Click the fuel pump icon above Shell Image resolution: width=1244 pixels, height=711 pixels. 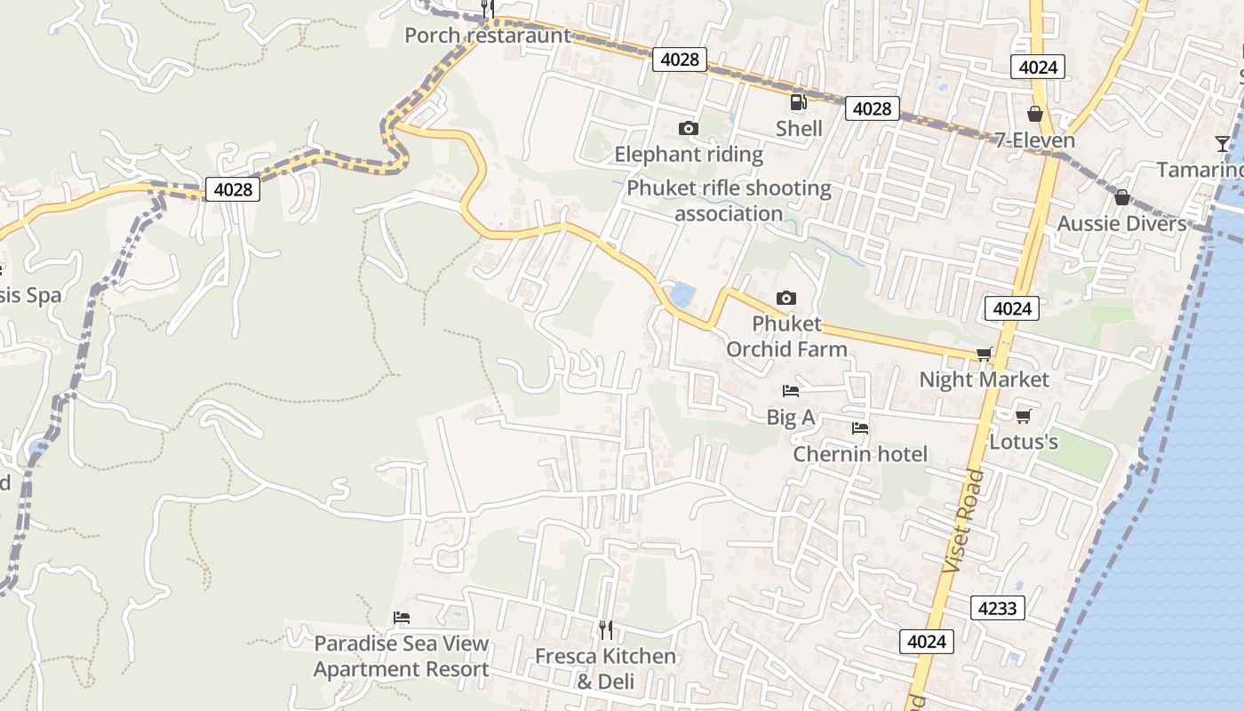[798, 102]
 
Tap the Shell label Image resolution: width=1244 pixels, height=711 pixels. [799, 129]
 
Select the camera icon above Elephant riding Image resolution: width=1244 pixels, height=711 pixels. [688, 129]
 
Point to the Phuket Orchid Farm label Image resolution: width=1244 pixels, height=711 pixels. [786, 336]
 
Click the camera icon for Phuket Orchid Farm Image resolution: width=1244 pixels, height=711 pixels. [785, 298]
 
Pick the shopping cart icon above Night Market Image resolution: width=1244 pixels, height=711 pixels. [984, 354]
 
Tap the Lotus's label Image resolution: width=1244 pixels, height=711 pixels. [1024, 442]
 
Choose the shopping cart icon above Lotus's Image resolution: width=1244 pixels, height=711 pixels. [1024, 415]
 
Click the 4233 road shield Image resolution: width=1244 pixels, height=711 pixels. [997, 608]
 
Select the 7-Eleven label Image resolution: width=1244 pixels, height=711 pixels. [1034, 140]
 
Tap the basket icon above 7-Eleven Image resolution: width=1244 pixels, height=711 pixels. [1034, 114]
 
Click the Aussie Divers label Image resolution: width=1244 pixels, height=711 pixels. [1121, 223]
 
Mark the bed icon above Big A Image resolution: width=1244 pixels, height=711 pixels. [790, 390]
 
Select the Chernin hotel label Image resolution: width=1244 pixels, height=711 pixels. [859, 454]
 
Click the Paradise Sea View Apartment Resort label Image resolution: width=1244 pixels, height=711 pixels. [402, 656]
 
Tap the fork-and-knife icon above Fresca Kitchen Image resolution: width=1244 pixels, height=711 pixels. [605, 630]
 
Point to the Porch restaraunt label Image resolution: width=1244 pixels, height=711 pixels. [487, 36]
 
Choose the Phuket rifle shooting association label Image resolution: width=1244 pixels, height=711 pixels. [729, 201]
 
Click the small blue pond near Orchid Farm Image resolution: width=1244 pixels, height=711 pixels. [682, 294]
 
